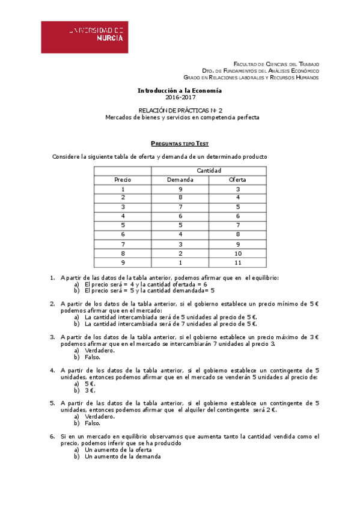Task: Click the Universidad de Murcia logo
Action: (84, 37)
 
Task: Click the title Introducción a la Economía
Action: (180, 90)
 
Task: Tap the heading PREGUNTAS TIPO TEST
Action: (180, 144)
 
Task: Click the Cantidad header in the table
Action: (209, 170)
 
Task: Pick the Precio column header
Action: (123, 180)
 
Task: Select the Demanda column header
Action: (180, 180)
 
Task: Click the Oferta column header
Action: (237, 180)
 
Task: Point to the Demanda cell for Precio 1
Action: (180, 189)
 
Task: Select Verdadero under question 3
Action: (99, 350)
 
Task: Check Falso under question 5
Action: (93, 423)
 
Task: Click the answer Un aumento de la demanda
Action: (123, 456)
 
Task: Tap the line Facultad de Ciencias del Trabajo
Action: (276, 64)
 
